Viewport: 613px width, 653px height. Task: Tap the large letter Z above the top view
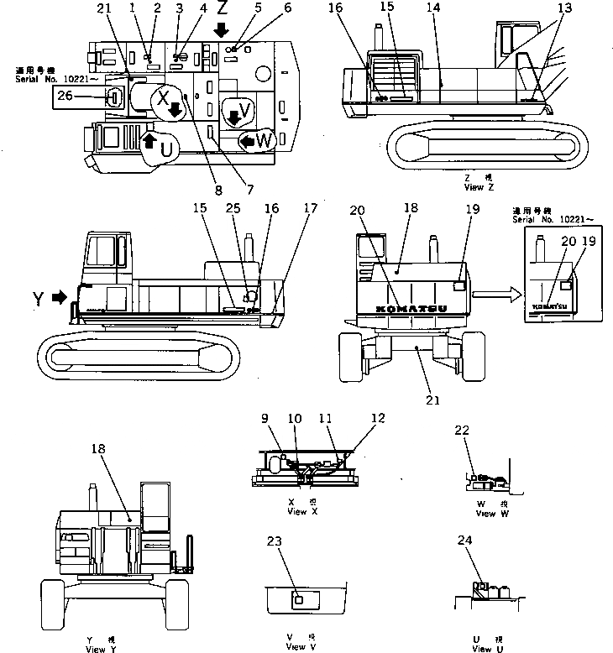pos(222,11)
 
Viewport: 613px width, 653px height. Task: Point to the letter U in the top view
pos(166,149)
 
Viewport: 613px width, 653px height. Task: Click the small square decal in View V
pos(297,600)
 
